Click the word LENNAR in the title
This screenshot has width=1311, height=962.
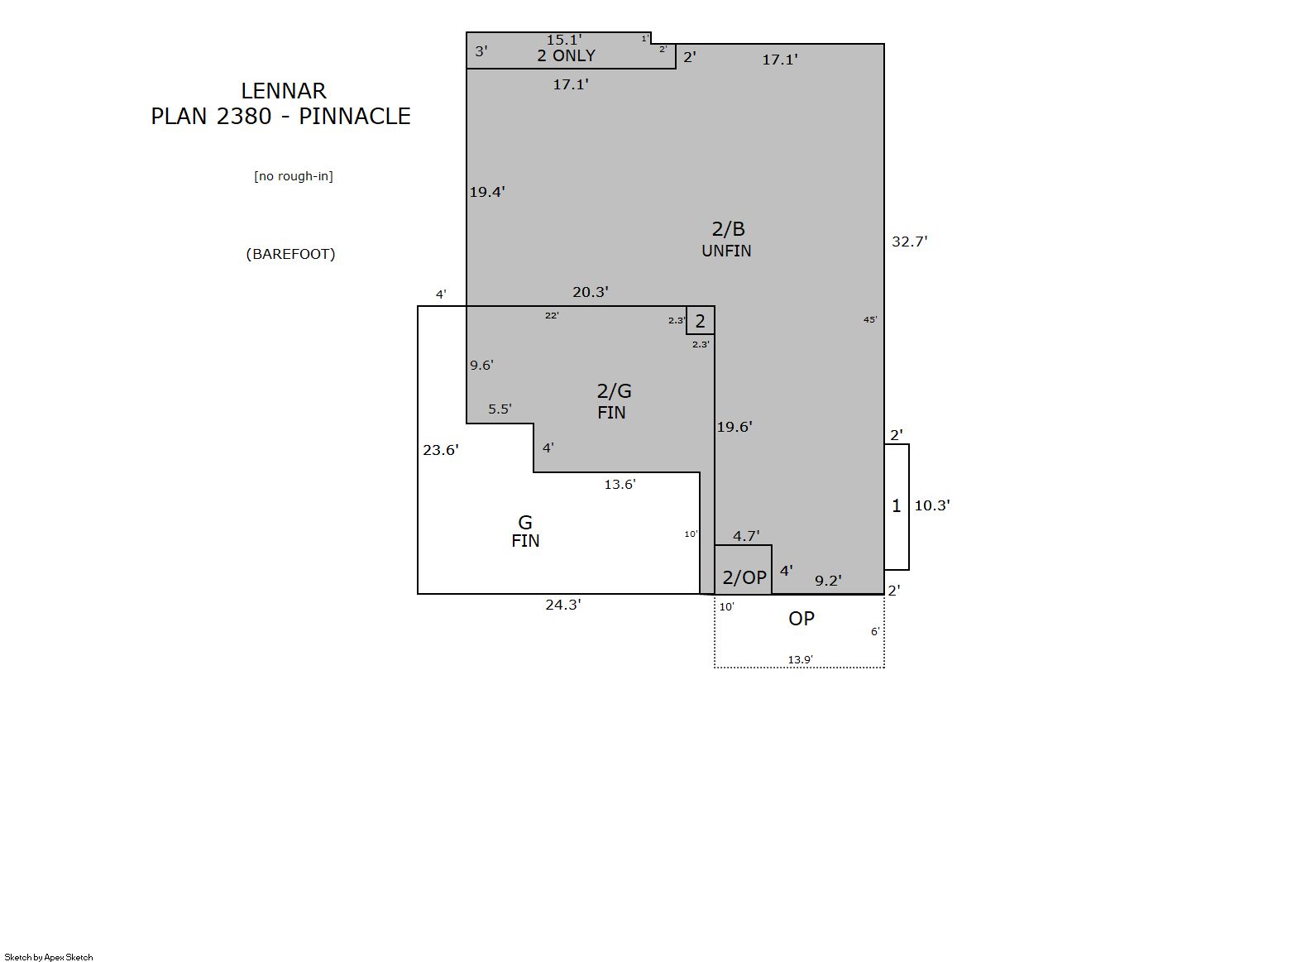284,91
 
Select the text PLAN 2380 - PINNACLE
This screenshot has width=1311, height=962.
281,117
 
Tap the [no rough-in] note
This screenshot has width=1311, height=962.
294,176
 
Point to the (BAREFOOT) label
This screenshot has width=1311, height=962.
290,254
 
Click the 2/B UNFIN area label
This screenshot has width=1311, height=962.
727,239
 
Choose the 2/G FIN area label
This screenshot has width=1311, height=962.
614,401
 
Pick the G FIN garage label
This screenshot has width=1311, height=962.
525,531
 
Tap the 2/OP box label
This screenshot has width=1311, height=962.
744,578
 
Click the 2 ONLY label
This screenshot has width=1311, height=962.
566,55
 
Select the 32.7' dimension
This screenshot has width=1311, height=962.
910,242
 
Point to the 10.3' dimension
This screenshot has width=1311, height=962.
931,505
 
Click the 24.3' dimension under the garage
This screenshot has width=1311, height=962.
563,605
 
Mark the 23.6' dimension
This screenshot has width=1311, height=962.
441,450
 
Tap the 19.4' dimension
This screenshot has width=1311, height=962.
487,192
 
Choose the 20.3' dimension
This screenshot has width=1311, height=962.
591,292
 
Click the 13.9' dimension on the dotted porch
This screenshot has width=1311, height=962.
800,660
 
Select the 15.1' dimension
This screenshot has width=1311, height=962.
564,40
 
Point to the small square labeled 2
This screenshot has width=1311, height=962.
701,320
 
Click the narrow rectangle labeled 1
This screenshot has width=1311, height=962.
897,507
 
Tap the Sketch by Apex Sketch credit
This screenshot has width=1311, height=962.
49,957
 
